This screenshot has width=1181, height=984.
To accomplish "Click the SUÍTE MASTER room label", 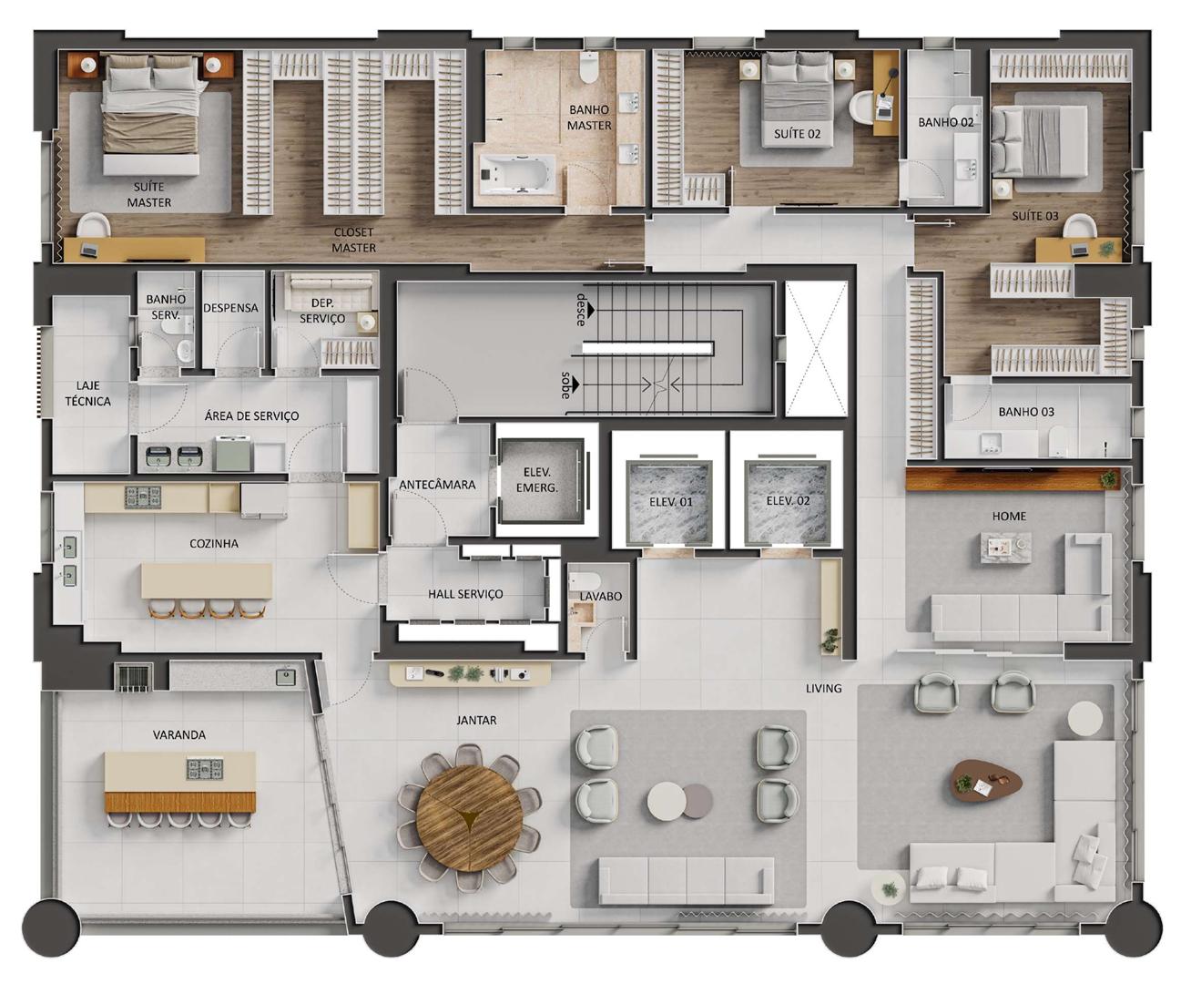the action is tap(148, 194).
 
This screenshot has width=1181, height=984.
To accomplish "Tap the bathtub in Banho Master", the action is tap(517, 173).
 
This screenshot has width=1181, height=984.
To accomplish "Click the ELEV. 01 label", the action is tap(670, 502).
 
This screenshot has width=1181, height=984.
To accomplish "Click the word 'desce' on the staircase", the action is tap(581, 309).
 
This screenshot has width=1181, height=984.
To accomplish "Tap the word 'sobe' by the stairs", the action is tap(565, 385).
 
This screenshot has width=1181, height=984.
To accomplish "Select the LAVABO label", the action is tap(600, 596).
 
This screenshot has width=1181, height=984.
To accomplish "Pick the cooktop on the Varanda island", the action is tap(204, 769).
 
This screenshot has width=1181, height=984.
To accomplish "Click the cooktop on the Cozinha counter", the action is tap(143, 497).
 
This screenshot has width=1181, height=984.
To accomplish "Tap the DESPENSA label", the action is tap(230, 308).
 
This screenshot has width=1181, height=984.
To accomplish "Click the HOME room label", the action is tap(1009, 516).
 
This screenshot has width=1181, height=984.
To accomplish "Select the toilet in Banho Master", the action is tap(590, 67).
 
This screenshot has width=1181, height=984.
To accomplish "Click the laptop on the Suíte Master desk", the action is tap(90, 251).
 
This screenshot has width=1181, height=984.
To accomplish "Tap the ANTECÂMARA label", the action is tap(437, 485).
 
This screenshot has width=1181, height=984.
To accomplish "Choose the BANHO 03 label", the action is tap(1026, 412).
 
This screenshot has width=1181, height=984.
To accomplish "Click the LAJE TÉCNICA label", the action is tap(87, 394).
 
